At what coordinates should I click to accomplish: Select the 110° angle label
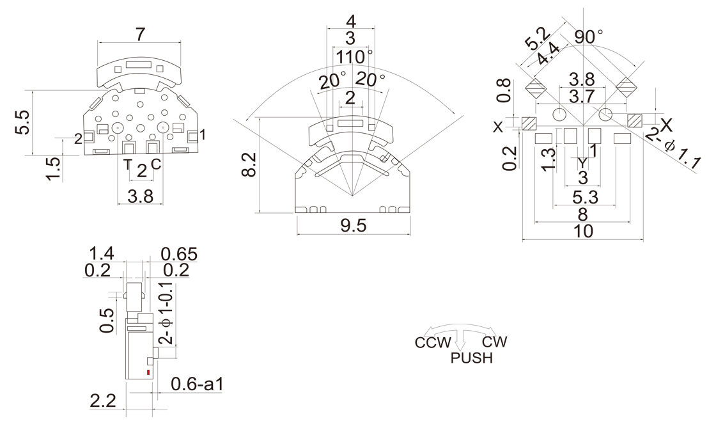pos(354,57)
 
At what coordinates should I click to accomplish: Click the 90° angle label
pos(588,36)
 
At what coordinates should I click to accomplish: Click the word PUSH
pos(472,358)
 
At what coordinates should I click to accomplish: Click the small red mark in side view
pos(149,372)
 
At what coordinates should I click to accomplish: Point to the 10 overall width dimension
pos(583,231)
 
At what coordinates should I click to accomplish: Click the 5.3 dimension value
pos(583,197)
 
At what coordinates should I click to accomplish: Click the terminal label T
pos(128,165)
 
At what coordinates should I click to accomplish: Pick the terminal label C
pos(155,165)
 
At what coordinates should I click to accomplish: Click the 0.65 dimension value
pos(179,254)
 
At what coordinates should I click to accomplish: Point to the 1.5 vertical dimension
pos(54,168)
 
